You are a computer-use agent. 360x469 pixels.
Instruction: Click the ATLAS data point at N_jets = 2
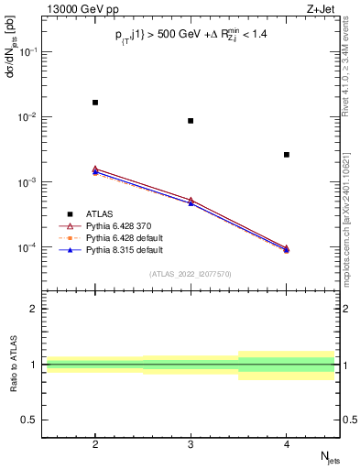coord(95,103)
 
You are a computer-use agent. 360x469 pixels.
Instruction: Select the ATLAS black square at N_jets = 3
coord(191,121)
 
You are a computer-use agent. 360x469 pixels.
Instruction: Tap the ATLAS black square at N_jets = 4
coord(287,155)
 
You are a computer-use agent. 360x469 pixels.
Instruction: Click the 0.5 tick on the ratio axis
coord(28,420)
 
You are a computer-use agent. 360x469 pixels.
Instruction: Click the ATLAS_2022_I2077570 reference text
coord(191,273)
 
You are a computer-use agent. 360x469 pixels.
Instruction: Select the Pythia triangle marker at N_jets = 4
coord(287,249)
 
